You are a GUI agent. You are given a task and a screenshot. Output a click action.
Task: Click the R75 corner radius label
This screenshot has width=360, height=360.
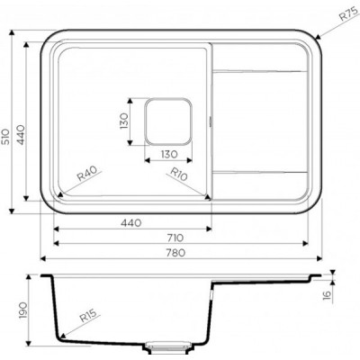pyautogui.click(x=350, y=13)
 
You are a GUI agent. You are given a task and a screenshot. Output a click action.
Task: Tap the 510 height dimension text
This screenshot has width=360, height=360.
pyautogui.click(x=5, y=137)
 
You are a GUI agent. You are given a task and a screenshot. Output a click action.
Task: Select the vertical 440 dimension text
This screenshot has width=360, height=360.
pyautogui.click(x=21, y=135)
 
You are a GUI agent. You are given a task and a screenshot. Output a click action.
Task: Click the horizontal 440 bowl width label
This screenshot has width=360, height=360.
pyautogui.click(x=130, y=223)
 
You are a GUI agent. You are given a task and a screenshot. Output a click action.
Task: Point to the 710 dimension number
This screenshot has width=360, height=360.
pyautogui.click(x=175, y=238)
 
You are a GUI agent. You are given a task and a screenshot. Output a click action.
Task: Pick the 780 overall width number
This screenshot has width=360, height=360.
pyautogui.click(x=175, y=253)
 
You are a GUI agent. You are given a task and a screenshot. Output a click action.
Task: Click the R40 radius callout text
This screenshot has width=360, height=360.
pyautogui.click(x=87, y=174)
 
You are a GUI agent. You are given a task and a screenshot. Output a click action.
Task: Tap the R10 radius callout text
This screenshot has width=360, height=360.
pyautogui.click(x=179, y=174)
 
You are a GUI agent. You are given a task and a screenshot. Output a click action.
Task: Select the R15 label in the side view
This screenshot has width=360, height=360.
pyautogui.click(x=88, y=316)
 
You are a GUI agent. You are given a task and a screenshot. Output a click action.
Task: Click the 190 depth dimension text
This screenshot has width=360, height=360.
pyautogui.click(x=22, y=310)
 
